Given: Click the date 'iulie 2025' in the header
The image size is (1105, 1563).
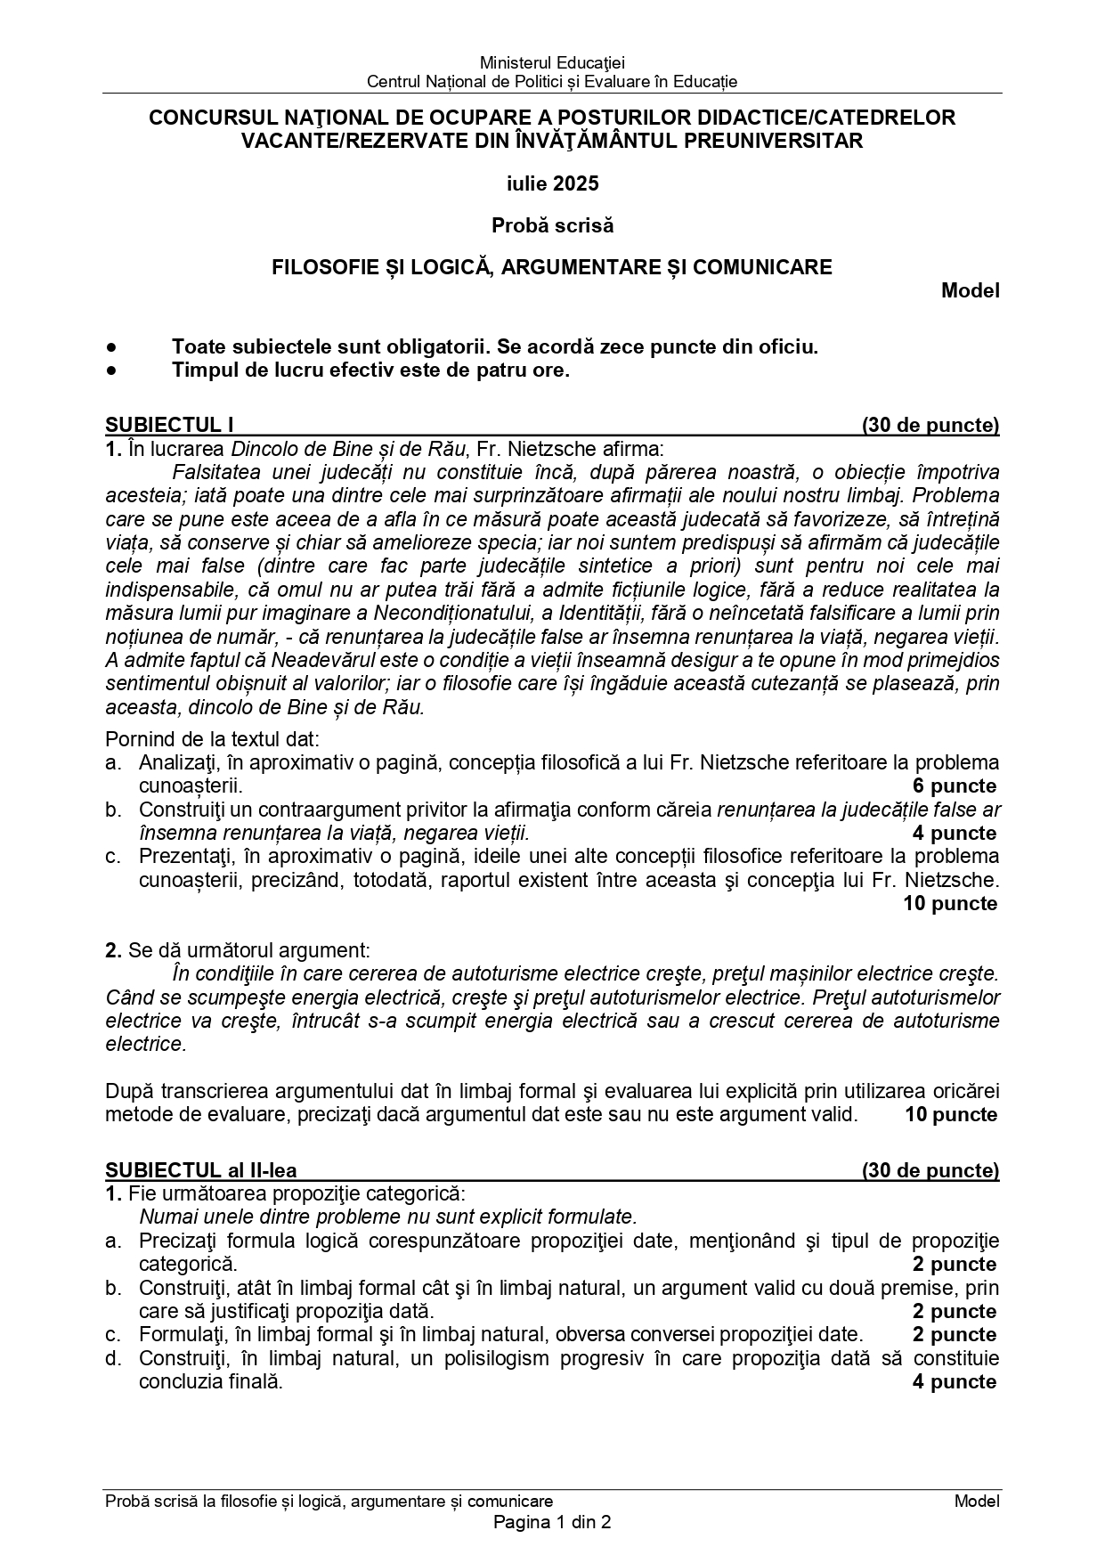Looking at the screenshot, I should pos(552,184).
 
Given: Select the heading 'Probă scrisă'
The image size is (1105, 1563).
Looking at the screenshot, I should pos(552,226).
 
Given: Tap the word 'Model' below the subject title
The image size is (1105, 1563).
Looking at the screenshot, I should pos(970,290).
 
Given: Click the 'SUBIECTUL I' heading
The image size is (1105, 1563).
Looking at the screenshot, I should pos(169,425).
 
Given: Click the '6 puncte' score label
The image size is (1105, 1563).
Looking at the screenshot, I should pos(954,786).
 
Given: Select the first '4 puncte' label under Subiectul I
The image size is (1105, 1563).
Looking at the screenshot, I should pos(954,834).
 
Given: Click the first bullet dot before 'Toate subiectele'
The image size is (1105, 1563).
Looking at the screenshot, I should pos(110,347).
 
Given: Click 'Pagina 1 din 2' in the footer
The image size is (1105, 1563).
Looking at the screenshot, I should pos(552,1522).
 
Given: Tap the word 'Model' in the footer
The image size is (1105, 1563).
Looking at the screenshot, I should pos(977,1502).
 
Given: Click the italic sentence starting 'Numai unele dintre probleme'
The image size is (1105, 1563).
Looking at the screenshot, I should pos(387,1217).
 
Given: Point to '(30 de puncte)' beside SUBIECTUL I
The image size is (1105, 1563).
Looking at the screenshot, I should pos(930,425).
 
